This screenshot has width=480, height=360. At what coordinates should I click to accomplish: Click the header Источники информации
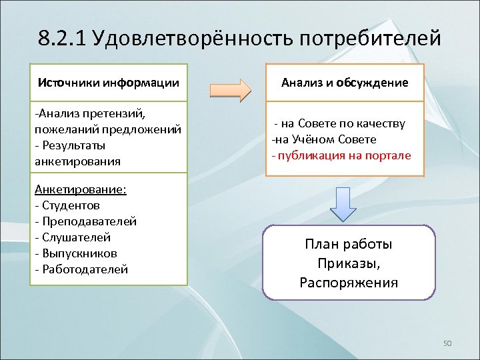(109, 83)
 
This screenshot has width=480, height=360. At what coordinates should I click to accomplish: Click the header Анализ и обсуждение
(345, 83)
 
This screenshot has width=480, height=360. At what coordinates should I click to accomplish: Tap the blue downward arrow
(345, 203)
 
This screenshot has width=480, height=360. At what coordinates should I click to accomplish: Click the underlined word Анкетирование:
(81, 189)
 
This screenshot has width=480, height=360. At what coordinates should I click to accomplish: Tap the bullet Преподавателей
(86, 221)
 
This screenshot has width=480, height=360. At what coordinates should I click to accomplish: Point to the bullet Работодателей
(81, 269)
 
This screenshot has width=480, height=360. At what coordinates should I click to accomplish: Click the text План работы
(349, 244)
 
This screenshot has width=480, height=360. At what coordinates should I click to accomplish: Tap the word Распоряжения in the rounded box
(349, 282)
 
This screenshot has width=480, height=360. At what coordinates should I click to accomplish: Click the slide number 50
(447, 343)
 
